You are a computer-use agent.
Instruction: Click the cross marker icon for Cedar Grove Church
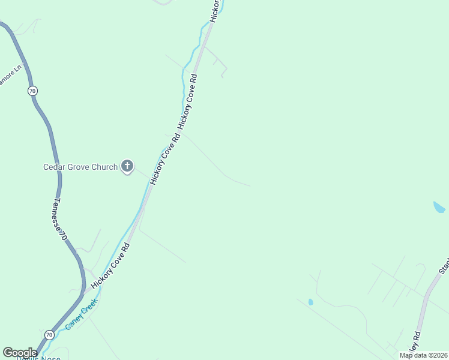click(x=127, y=166)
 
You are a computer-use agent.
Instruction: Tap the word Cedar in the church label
click(x=53, y=167)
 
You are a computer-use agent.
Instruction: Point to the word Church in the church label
click(x=104, y=167)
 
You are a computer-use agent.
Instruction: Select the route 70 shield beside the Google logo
click(x=49, y=334)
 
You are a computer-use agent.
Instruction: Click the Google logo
click(x=20, y=353)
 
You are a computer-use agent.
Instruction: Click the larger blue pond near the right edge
click(x=439, y=208)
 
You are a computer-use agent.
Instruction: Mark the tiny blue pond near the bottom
click(x=310, y=302)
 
